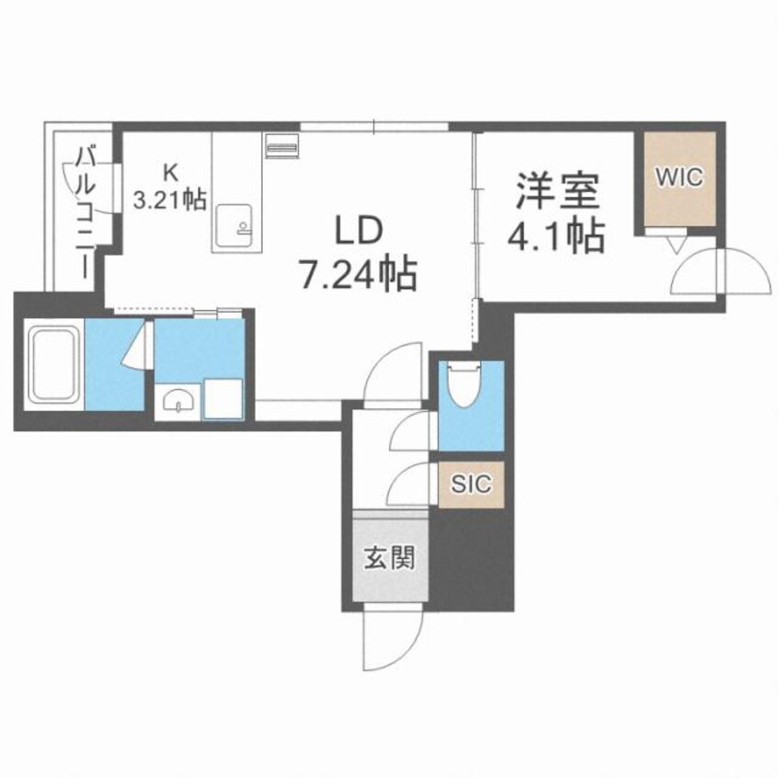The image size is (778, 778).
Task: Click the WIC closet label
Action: point(680,177)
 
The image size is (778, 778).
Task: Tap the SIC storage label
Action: point(471,482)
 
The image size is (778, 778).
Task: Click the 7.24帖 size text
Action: point(359,272)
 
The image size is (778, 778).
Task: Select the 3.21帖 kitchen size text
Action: point(171,200)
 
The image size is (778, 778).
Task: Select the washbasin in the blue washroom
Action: point(177,401)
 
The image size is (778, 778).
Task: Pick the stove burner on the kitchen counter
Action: point(280,145)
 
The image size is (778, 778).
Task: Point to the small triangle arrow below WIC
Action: point(676,244)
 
